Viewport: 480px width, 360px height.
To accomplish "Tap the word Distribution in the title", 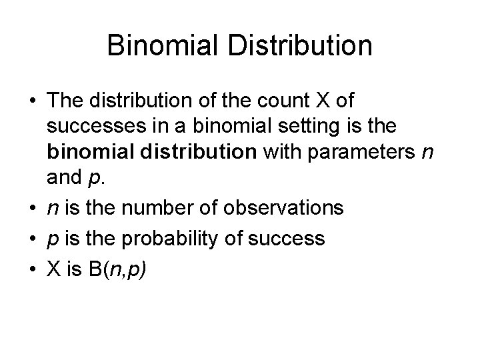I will click(x=301, y=45).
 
